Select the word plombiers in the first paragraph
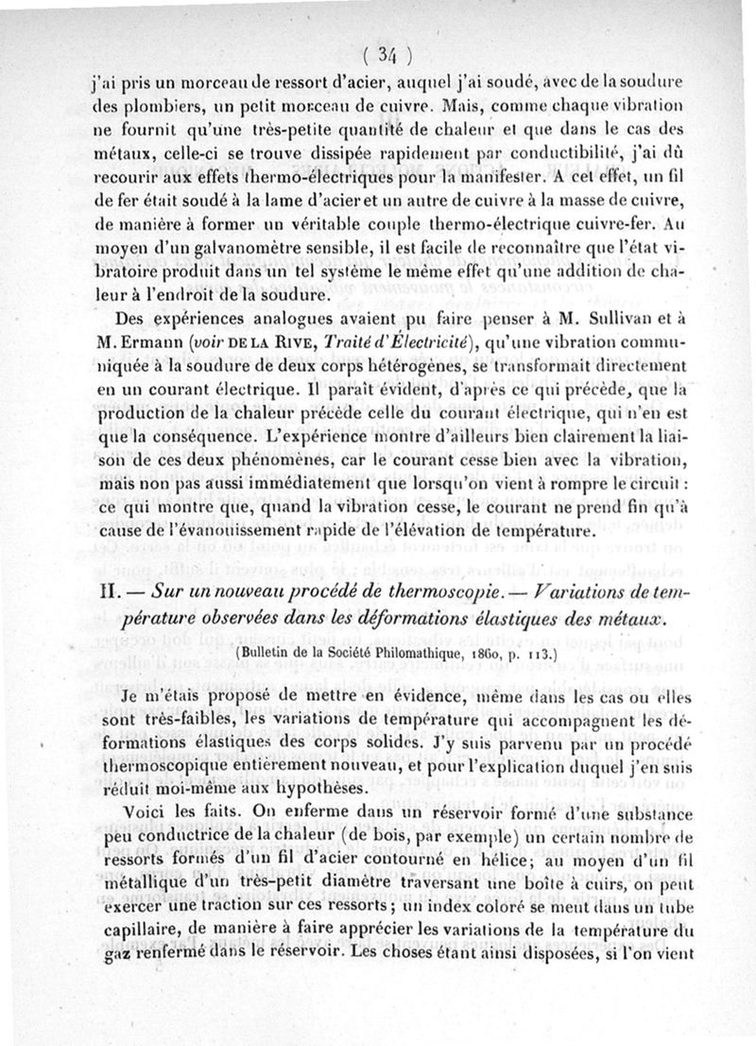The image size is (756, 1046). [x=161, y=102]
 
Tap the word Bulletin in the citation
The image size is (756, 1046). [x=270, y=654]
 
